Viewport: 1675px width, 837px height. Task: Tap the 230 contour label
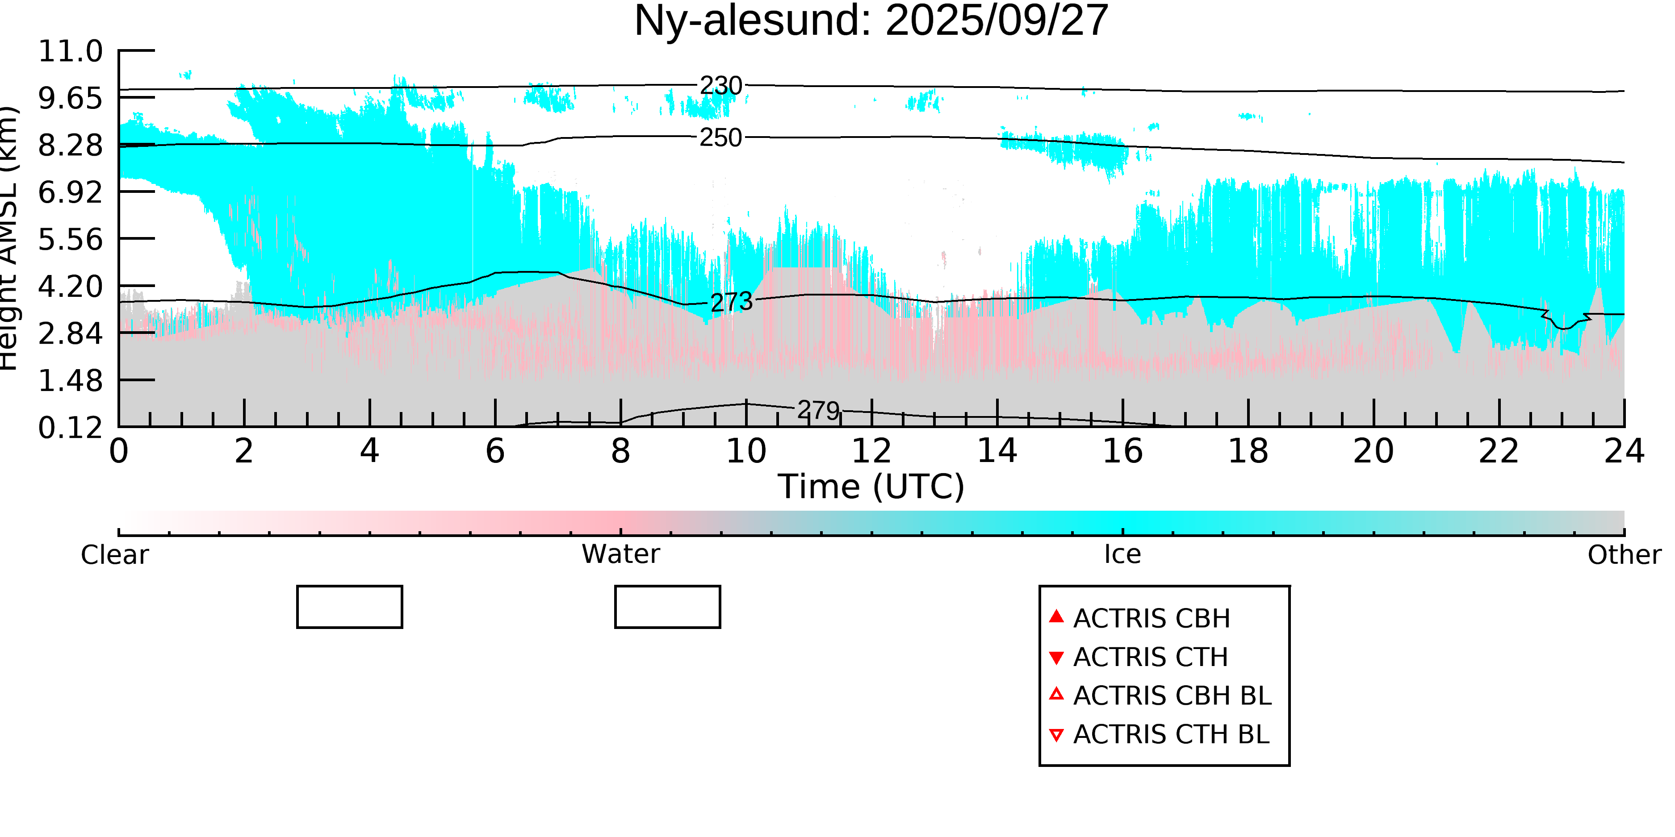720,86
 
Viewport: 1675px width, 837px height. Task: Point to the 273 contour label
732,302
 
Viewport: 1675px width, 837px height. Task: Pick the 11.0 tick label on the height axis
70,51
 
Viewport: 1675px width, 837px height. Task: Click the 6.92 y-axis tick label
70,192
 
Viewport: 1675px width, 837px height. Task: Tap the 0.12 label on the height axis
70,428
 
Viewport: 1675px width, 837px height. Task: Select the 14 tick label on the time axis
997,451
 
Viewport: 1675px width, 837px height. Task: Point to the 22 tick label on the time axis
1499,451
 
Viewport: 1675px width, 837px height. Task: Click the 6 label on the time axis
495,451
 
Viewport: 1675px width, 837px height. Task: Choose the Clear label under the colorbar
114,555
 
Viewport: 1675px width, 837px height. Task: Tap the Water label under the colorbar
620,554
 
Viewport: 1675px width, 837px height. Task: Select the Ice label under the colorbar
1122,554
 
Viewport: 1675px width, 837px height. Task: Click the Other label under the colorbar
1624,555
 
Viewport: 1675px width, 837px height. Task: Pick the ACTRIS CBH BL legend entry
1172,696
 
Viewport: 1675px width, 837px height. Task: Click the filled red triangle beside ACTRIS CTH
1057,658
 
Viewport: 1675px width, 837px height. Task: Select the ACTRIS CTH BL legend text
1171,734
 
